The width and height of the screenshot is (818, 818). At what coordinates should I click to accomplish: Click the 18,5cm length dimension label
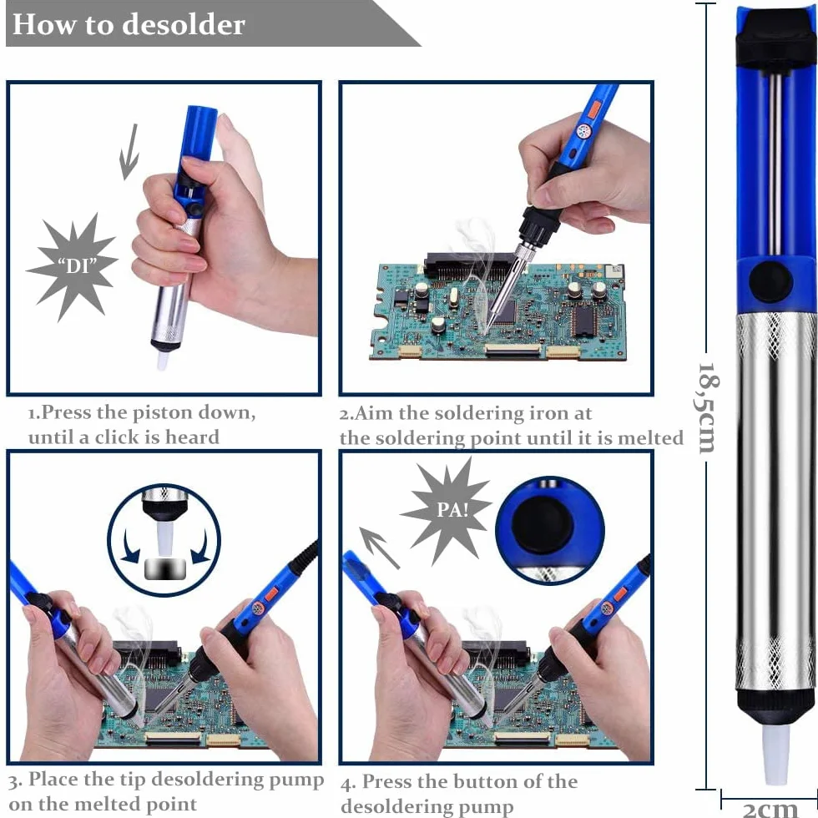pos(709,407)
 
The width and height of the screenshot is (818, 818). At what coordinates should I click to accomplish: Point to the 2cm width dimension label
pos(770,808)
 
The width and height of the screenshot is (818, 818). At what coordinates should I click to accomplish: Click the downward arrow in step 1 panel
pos(129,152)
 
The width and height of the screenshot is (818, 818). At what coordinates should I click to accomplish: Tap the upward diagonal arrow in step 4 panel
pos(379,548)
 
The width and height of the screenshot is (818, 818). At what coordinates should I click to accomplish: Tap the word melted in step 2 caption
pos(650,437)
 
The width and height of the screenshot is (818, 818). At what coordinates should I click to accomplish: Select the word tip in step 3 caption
pos(132,780)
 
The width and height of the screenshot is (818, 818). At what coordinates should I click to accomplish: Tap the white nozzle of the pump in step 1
pos(162,359)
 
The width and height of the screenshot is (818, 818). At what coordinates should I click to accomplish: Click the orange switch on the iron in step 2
pos(594,109)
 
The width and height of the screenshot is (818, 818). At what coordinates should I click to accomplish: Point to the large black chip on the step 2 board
pos(584,320)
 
